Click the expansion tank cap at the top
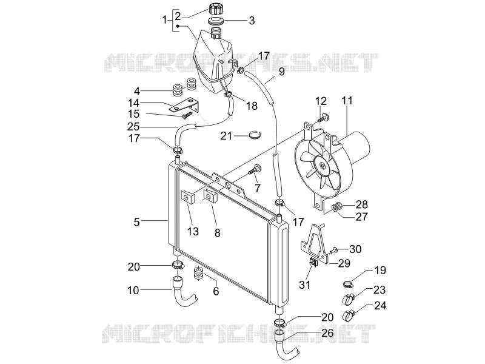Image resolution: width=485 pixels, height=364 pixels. click(216, 8)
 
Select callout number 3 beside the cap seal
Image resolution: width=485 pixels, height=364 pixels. click(252, 21)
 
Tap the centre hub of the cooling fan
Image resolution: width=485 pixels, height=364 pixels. click(323, 166)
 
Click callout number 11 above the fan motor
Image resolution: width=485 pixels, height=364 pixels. click(347, 101)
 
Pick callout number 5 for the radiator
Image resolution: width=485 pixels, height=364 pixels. click(136, 222)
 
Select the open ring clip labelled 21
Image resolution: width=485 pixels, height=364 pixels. click(256, 135)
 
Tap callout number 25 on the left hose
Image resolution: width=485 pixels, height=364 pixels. click(133, 127)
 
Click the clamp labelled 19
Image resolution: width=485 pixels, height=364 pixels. click(349, 283)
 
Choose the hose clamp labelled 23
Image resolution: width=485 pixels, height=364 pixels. click(348, 299)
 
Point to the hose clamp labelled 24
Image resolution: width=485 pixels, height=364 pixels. click(348, 315)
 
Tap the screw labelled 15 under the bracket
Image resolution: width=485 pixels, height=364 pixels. click(187, 116)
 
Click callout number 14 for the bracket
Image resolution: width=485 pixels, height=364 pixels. click(133, 103)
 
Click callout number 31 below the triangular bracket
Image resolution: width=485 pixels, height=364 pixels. click(305, 285)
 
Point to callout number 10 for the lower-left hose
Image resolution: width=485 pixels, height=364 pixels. click(133, 291)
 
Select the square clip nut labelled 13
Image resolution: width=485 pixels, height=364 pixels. click(187, 197)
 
